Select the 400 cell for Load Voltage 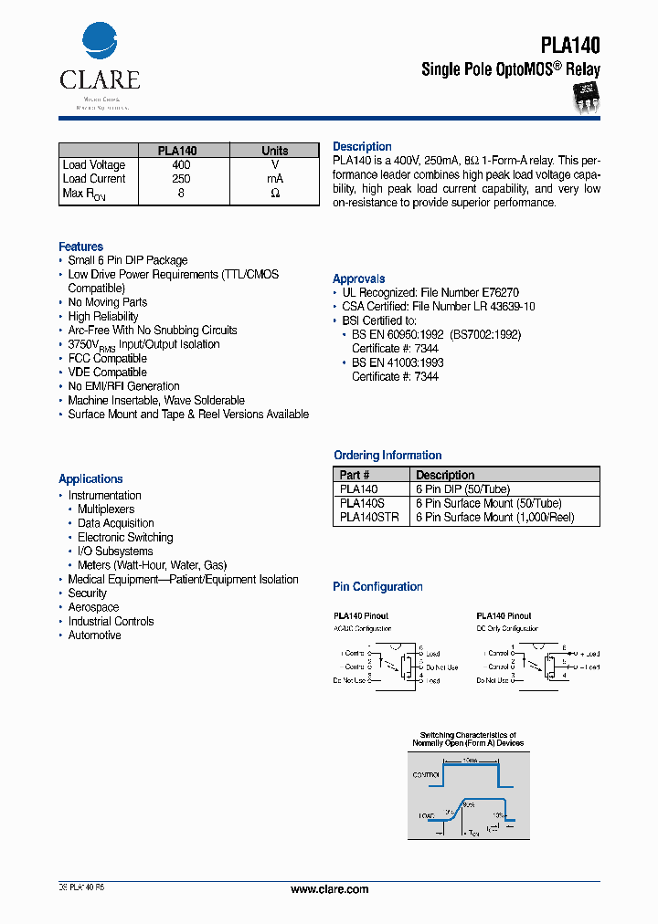coord(181,165)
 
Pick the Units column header coord(274,151)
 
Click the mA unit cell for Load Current coord(274,179)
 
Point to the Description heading coord(362,147)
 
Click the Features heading coord(80,247)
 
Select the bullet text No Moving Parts coord(107,302)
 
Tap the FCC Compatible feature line coord(107,359)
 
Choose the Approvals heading coord(358,278)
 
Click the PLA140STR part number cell coord(368,518)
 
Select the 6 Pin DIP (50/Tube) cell coord(462,489)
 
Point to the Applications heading coord(90,478)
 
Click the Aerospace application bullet coord(93,607)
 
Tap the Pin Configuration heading coord(377,587)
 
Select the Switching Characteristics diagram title coord(467,739)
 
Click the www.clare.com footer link coord(329,889)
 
